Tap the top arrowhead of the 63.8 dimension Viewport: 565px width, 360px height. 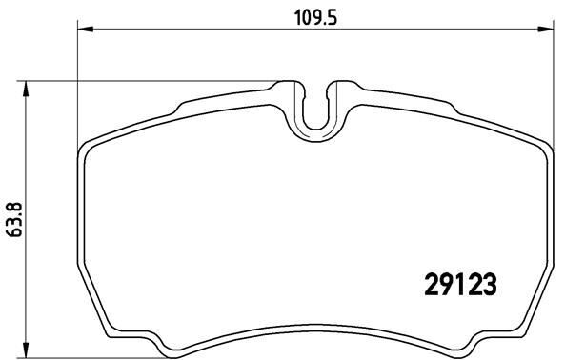pyautogui.click(x=27, y=88)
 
